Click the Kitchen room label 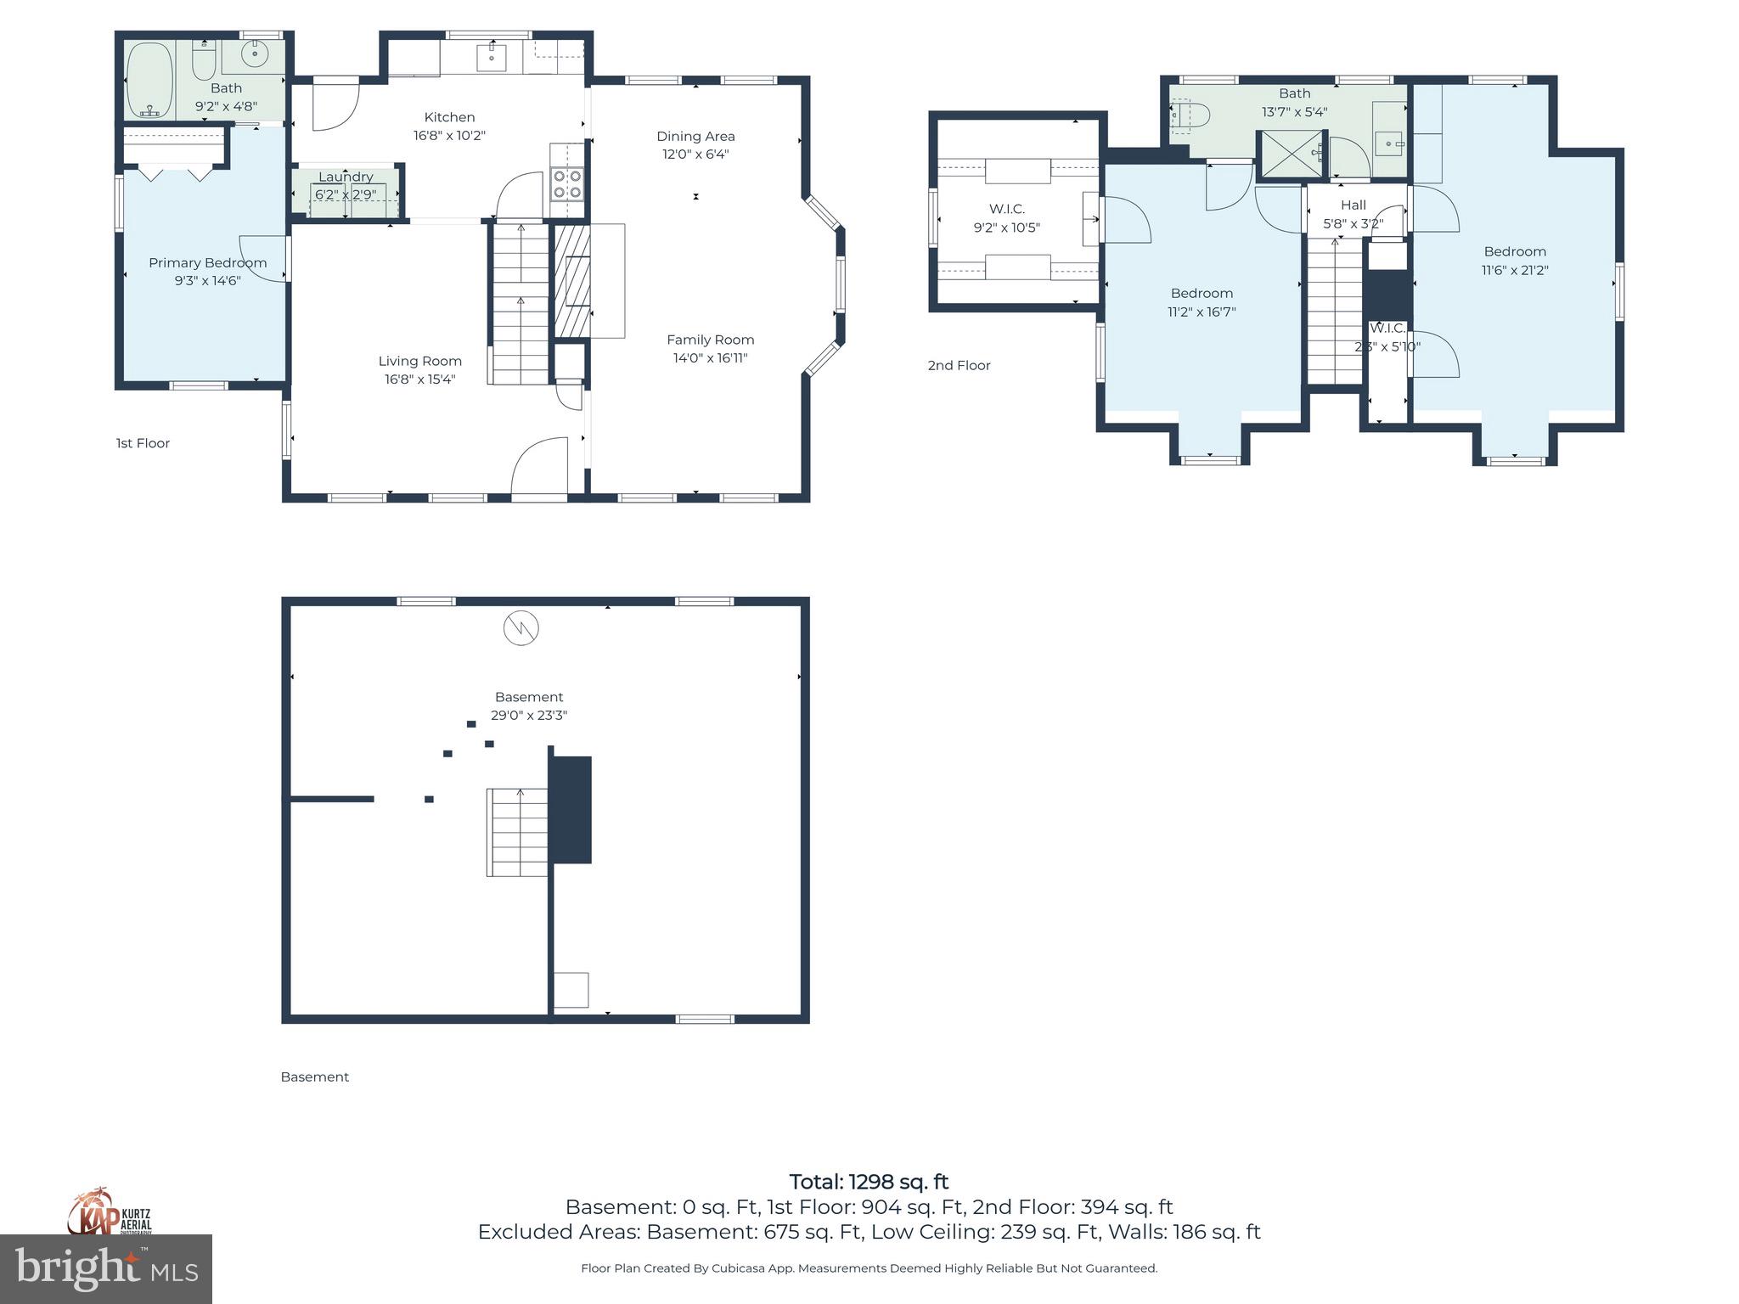coord(449,117)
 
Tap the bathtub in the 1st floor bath coord(150,80)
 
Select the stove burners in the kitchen coord(567,184)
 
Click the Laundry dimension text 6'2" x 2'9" coord(345,194)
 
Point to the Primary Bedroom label coord(207,262)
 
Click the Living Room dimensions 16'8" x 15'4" coord(419,379)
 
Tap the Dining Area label coord(695,136)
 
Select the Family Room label coord(710,340)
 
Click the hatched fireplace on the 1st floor coord(571,280)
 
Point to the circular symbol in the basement coord(521,628)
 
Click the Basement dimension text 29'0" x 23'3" coord(528,716)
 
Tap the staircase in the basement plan coord(517,832)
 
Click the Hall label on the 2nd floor coord(1353,205)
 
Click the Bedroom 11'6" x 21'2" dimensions coord(1515,270)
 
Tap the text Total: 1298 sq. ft coord(869,1182)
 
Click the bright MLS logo coord(106,1268)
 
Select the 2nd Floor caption coord(959,365)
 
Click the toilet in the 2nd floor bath coord(1189,116)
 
